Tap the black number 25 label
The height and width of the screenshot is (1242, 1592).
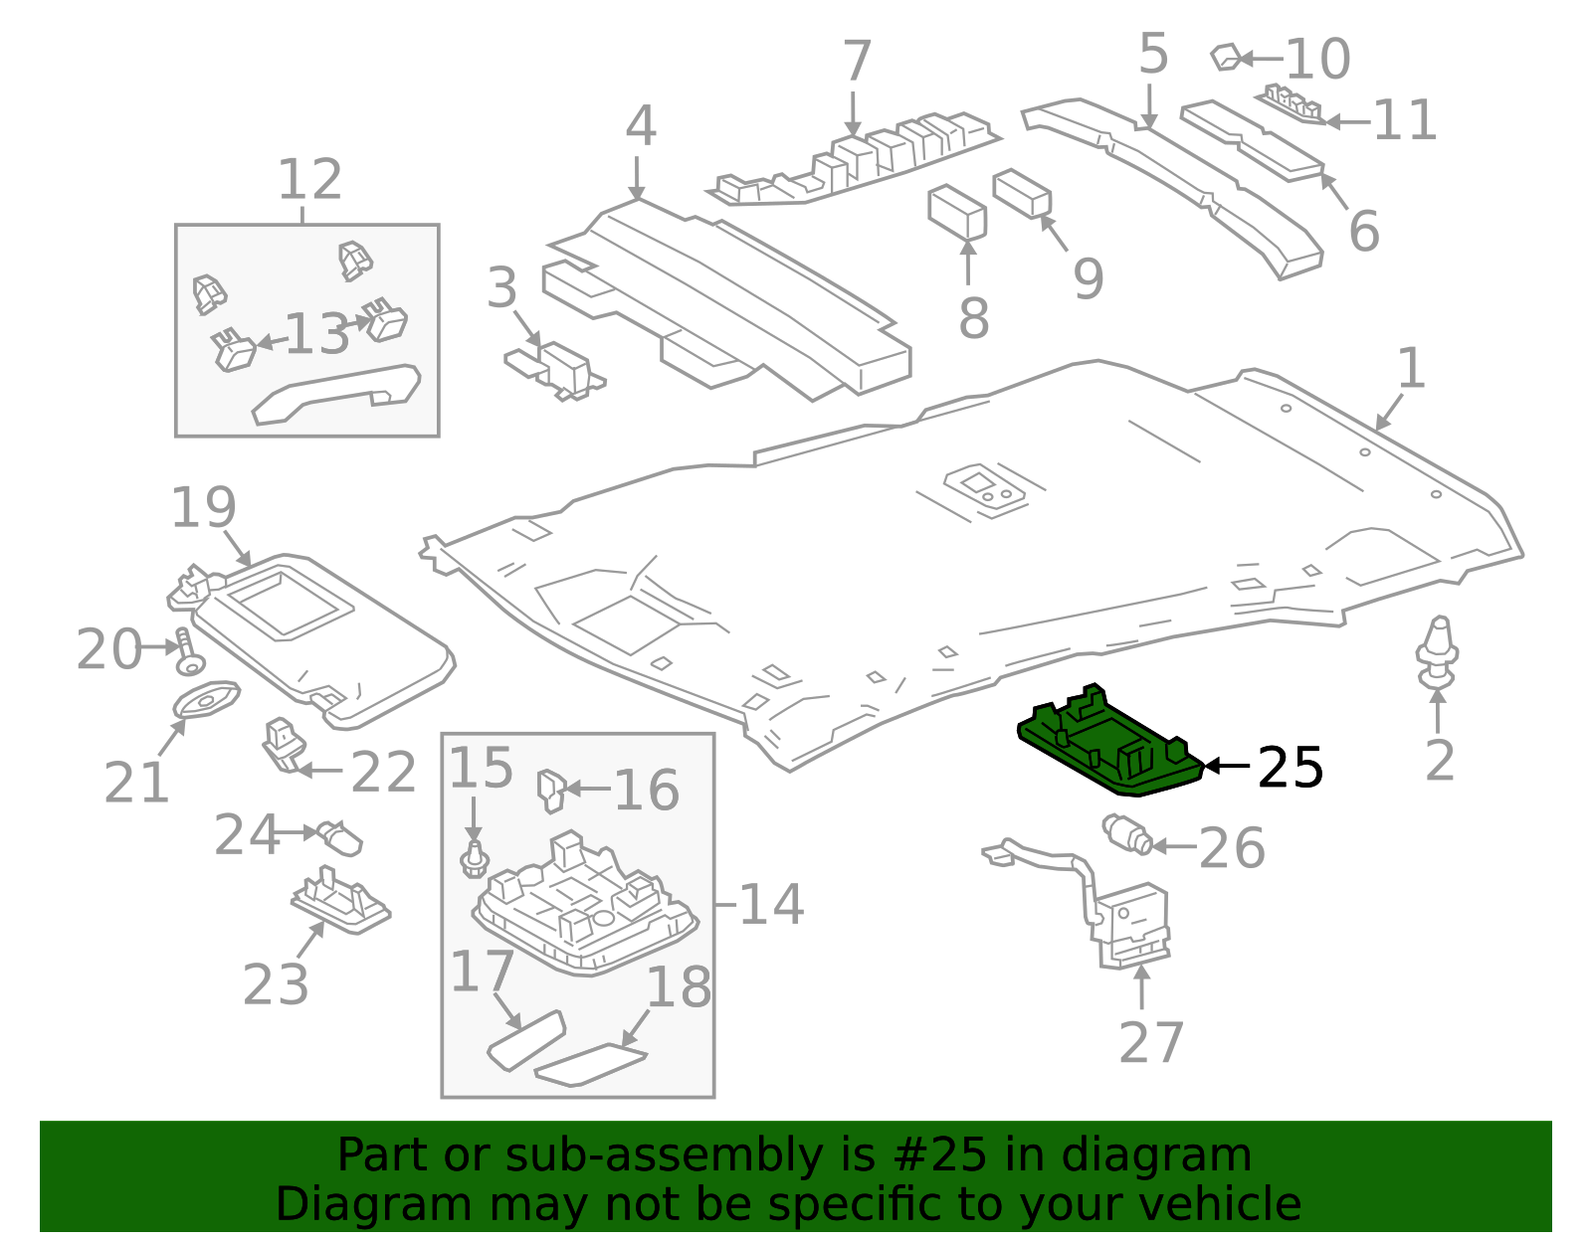[x=1290, y=768]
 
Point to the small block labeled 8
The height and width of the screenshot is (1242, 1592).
[x=956, y=212]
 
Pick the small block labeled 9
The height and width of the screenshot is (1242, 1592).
[x=1022, y=192]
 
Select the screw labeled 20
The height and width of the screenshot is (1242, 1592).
[x=187, y=650]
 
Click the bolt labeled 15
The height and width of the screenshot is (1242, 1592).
[x=475, y=859]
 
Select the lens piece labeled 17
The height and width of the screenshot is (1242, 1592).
[x=525, y=1039]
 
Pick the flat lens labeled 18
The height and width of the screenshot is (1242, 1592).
[x=590, y=1065]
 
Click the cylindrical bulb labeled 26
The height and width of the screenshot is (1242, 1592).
[x=1127, y=833]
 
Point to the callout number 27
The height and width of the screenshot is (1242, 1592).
[x=1150, y=1042]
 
